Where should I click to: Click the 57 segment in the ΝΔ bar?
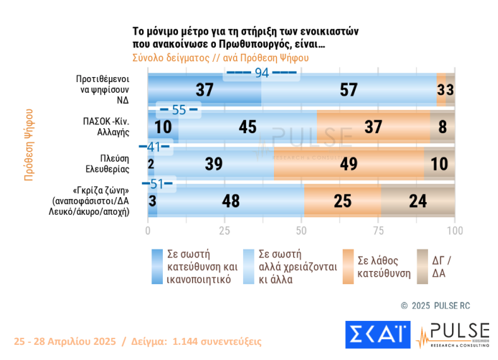pos(349,90)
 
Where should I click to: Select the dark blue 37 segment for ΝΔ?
pos(204,90)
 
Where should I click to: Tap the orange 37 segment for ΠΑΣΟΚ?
pos(373,127)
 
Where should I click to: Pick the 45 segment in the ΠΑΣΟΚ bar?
pos(247,127)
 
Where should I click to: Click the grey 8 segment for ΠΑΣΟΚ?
pos(442,127)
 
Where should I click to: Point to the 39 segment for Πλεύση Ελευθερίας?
pos(214,164)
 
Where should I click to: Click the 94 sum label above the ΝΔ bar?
pos(261,73)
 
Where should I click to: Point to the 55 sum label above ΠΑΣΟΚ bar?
pos(179,110)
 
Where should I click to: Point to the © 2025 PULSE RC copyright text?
pos(435,306)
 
